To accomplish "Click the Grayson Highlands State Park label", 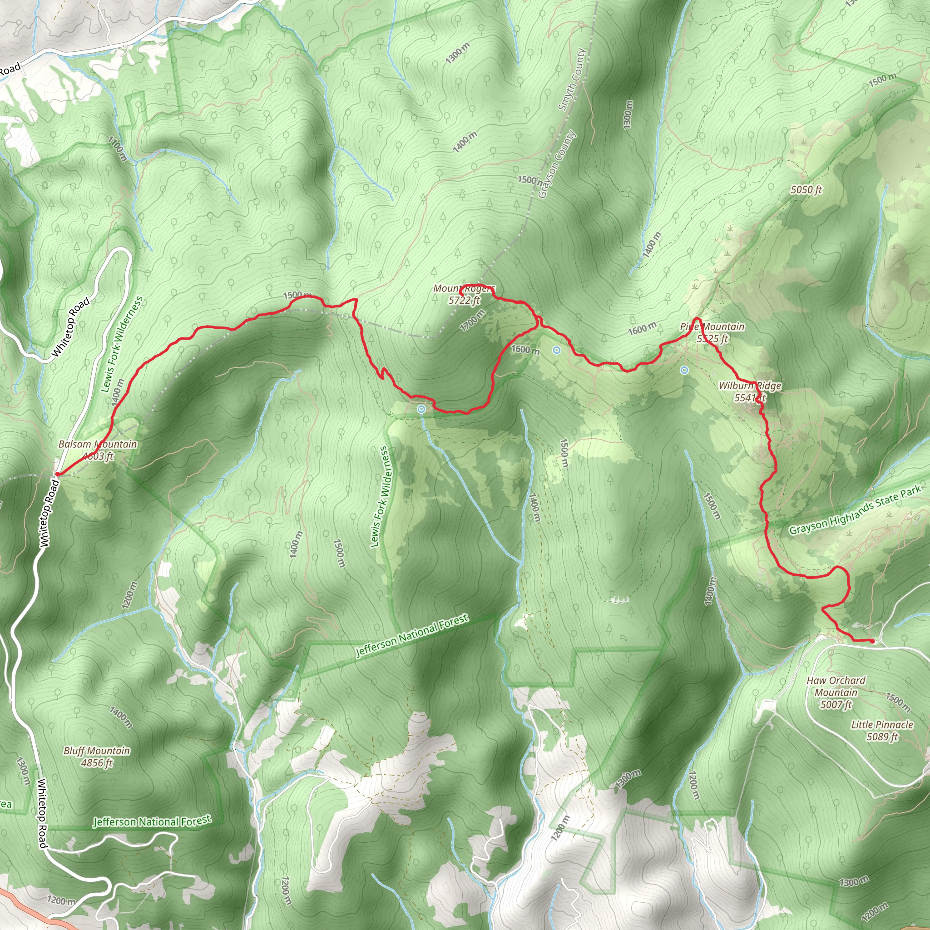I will (x=855, y=510).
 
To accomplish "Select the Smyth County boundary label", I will (x=572, y=79).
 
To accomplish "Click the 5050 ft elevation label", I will (x=806, y=190).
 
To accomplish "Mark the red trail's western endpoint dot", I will (x=57, y=474).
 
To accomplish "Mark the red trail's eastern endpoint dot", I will (x=872, y=641).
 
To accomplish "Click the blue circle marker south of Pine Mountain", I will (x=684, y=370).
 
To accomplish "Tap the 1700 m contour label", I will (x=472, y=320).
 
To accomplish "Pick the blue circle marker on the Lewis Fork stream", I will (x=421, y=409).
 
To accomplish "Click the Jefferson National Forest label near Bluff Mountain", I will (x=152, y=821).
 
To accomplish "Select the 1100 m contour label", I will (x=118, y=149).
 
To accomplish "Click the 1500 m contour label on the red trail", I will (x=297, y=295).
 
